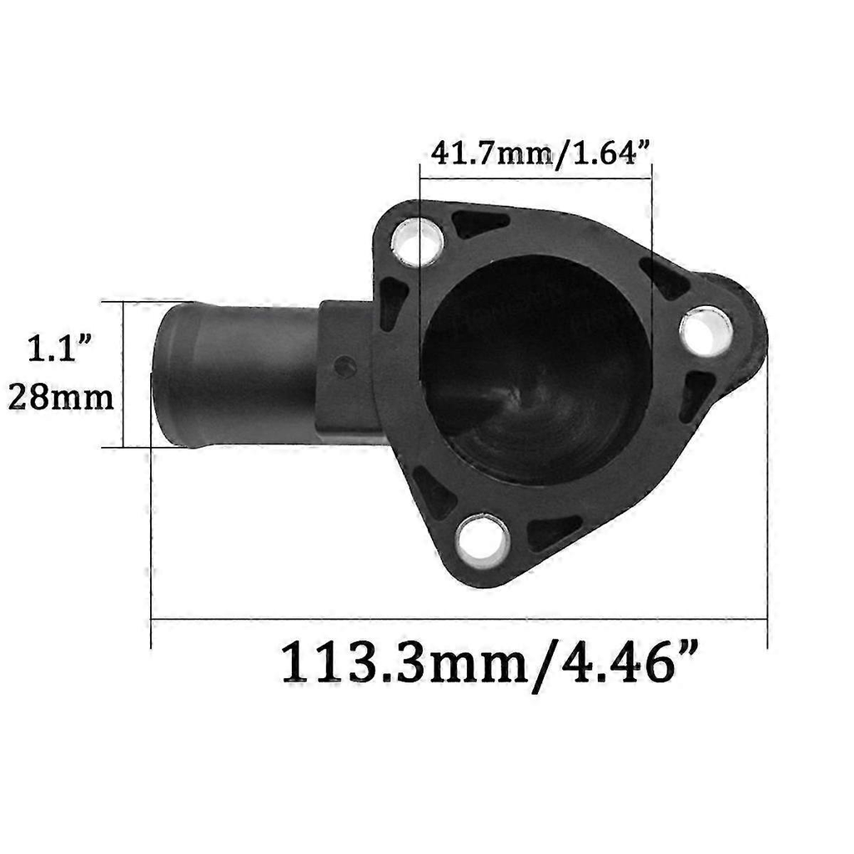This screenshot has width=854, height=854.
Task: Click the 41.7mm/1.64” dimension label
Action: click(540, 153)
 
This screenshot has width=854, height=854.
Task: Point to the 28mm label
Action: click(60, 397)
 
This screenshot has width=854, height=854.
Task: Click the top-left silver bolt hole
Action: click(418, 242)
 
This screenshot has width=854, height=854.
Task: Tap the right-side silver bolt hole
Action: click(706, 332)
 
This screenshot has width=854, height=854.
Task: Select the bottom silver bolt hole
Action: click(483, 540)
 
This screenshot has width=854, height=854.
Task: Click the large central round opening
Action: click(535, 370)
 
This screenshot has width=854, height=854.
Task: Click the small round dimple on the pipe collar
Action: click(345, 367)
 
